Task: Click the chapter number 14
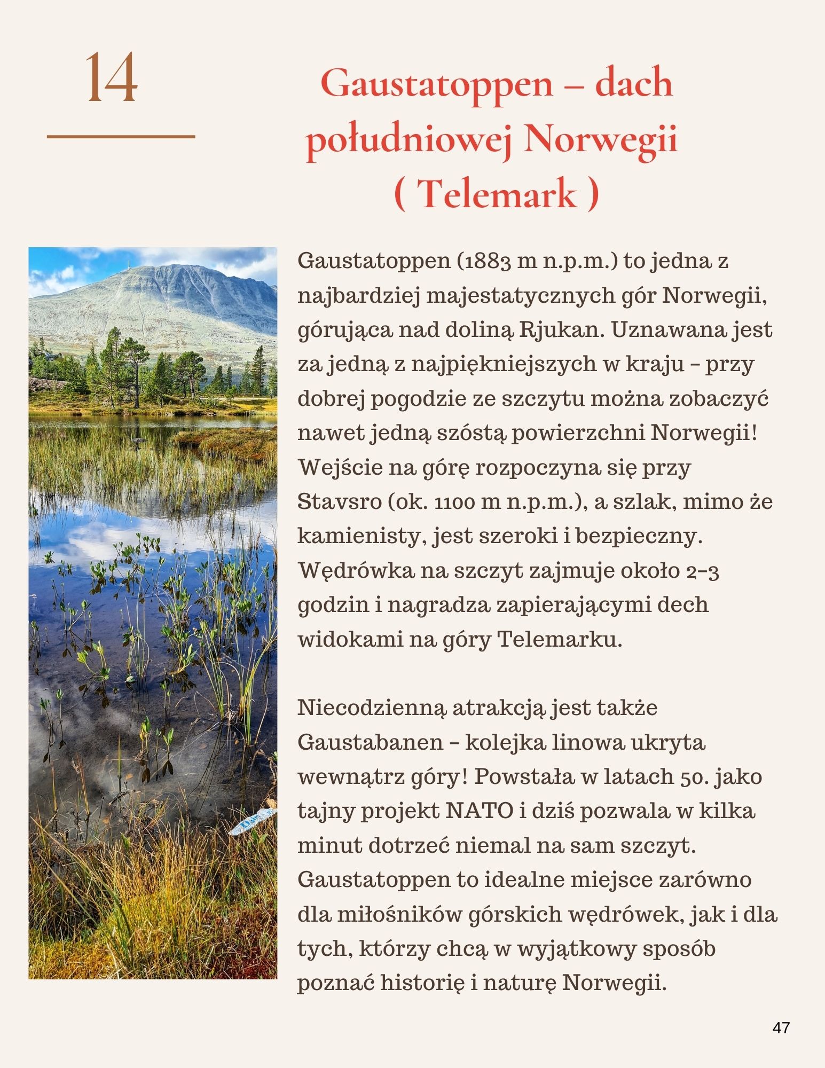tap(112, 78)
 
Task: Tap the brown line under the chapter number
tap(121, 137)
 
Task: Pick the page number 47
tap(781, 1028)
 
